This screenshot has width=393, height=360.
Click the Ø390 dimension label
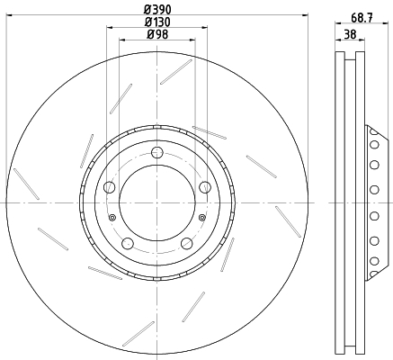coord(157,10)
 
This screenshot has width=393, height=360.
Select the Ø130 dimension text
coord(157,22)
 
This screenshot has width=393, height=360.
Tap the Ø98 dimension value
coord(157,34)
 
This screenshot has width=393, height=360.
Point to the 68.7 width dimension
coord(362,18)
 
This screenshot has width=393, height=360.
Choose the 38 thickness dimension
coord(350,34)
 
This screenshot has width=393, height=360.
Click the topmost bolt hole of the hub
coord(157,152)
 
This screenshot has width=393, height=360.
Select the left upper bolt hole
coord(109,187)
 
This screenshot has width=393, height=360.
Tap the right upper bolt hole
coord(205,187)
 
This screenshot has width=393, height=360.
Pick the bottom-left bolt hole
coord(128,243)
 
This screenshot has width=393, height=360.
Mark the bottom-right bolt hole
coord(187,243)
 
